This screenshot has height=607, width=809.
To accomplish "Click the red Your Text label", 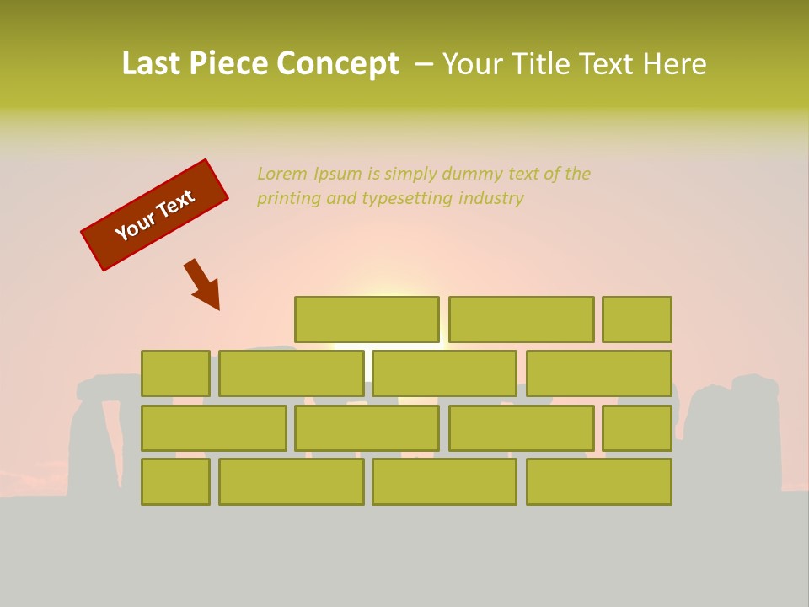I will (x=155, y=215).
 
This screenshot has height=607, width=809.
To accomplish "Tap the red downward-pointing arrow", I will (x=204, y=285).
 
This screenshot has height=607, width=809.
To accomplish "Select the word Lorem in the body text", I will (x=282, y=174).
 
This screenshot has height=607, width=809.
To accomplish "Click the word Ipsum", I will (x=339, y=174).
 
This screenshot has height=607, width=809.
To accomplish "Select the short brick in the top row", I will (x=637, y=320).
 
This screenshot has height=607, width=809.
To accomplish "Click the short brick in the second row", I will (x=175, y=373).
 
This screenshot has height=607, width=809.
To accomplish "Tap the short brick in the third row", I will (x=637, y=428).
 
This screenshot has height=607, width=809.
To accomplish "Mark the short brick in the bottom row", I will (x=175, y=482).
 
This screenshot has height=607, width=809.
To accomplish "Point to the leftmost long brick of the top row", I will (x=367, y=320).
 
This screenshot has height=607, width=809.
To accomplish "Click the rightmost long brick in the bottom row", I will (x=599, y=482).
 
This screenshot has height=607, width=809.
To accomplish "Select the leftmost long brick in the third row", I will (x=213, y=428).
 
